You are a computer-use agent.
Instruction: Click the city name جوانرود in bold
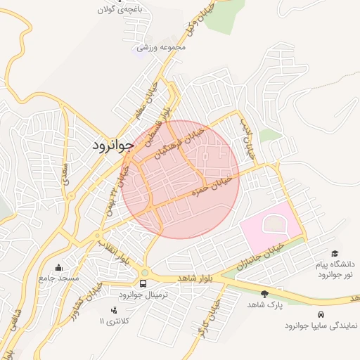coord(112,145)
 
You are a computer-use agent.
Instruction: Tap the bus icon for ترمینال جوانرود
coord(144,283)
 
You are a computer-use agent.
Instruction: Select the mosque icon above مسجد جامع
coord(58,267)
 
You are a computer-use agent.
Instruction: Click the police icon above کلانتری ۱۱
coord(114,309)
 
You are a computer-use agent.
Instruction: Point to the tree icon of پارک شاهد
coord(264,294)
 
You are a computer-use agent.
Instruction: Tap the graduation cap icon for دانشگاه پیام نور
coord(335,253)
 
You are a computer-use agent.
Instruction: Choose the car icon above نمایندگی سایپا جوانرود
coord(321,314)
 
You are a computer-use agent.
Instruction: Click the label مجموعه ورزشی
coord(162,47)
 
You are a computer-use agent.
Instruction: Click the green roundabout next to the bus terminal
coord(144,272)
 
